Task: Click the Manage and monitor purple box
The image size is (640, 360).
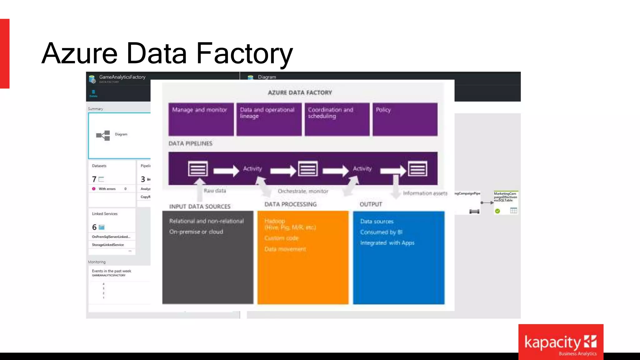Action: click(x=201, y=119)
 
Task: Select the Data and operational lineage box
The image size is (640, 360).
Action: click(x=269, y=119)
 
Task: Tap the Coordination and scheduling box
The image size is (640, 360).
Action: click(x=337, y=119)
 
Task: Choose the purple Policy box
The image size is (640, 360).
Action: click(x=405, y=119)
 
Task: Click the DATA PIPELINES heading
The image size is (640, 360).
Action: click(x=190, y=143)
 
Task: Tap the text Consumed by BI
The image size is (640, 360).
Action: click(x=381, y=232)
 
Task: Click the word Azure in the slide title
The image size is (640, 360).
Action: click(x=79, y=53)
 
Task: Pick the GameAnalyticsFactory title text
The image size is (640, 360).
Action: click(x=122, y=77)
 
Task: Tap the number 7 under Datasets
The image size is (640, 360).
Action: click(x=94, y=179)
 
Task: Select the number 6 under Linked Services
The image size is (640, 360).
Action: click(x=94, y=227)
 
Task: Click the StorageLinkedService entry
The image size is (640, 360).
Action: click(x=108, y=245)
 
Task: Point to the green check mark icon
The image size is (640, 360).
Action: click(x=497, y=211)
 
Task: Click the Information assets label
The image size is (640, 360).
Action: click(x=425, y=193)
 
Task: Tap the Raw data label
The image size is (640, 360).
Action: click(x=215, y=191)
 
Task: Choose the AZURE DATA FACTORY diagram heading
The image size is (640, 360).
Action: click(x=300, y=92)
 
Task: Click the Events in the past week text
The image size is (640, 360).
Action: click(x=112, y=271)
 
